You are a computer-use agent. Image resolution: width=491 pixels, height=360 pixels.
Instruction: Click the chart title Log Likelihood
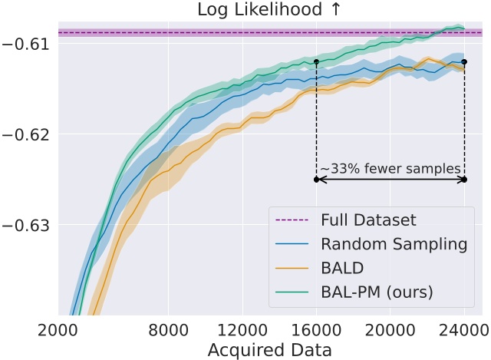click(x=270, y=10)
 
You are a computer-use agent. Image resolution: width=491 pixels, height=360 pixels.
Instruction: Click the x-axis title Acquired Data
click(x=270, y=350)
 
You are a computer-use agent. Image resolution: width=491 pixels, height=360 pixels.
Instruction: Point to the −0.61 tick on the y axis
click(x=28, y=43)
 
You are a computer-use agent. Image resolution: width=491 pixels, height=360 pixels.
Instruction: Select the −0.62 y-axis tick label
click(x=28, y=134)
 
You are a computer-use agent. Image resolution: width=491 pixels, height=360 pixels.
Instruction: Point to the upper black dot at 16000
click(x=316, y=61)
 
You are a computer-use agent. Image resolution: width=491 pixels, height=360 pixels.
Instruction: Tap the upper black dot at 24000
click(x=464, y=61)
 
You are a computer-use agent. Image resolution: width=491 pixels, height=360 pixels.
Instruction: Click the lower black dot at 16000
click(x=316, y=180)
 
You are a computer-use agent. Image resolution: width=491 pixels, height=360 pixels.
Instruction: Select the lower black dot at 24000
click(x=464, y=180)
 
